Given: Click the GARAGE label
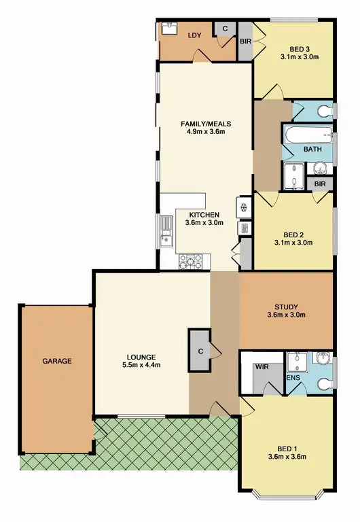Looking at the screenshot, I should coord(57,361).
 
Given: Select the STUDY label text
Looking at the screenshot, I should coord(286,306).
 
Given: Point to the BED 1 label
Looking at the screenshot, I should coord(286,448).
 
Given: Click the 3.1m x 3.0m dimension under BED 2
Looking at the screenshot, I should coord(293,242).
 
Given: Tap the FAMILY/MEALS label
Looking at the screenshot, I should coord(206,124).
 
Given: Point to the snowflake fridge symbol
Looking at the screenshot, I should coord(242,209).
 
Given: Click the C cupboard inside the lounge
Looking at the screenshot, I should coord(201,351).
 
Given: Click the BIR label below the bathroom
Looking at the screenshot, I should coord(319,184).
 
